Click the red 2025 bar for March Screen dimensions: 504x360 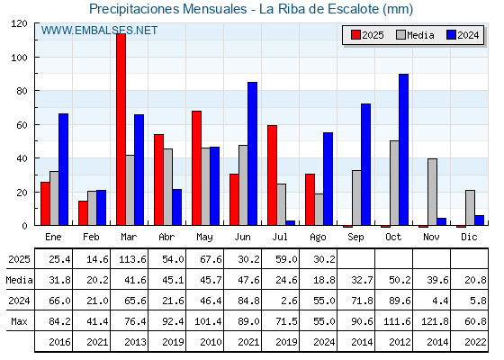coord(121,130)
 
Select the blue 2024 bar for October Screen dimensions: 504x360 coord(403,149)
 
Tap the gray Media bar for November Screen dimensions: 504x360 coord(432,192)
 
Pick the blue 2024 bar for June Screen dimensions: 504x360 coord(252,154)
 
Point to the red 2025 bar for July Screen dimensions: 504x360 coord(272,175)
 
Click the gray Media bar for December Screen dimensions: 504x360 coord(470,208)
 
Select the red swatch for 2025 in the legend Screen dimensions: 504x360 coord(355,35)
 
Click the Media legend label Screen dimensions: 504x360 coord(420,35)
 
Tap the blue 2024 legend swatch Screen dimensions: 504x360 coord(451,35)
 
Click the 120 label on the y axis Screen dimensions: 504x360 coord(20,23)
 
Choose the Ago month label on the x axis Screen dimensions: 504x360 coord(318,238)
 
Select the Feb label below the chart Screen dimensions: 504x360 coord(91,237)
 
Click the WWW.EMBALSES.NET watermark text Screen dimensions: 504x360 coord(99,31)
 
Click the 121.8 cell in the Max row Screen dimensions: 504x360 coord(435,321)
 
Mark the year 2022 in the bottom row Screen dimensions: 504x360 coord(475,342)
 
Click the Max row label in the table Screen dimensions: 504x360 coord(19,321)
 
